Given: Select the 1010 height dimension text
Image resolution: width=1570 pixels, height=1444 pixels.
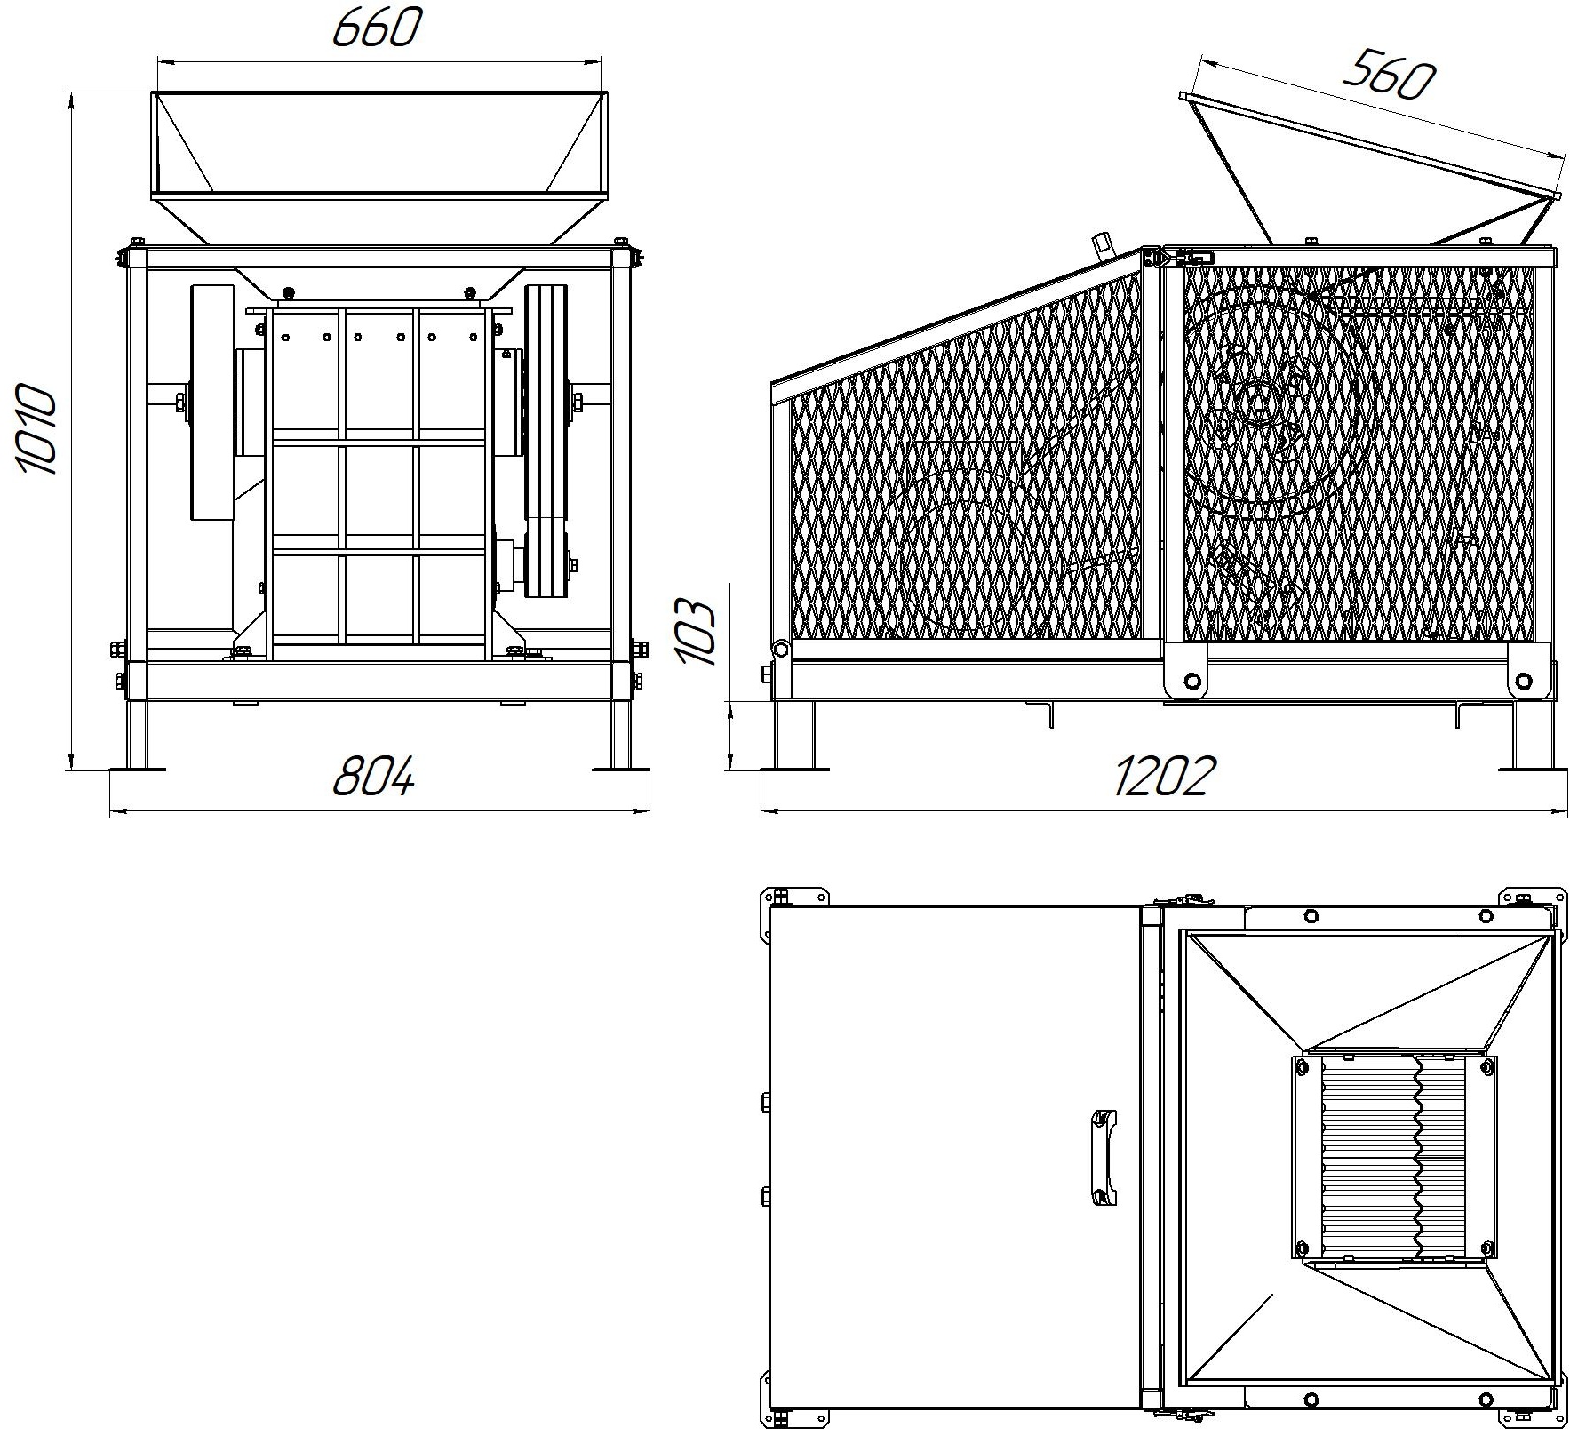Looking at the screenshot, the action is (36, 429).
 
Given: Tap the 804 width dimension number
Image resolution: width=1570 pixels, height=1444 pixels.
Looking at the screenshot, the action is (373, 777).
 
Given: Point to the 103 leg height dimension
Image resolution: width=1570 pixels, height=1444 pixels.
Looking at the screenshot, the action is (696, 633).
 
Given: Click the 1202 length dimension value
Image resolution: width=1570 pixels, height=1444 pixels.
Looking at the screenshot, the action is (1162, 777).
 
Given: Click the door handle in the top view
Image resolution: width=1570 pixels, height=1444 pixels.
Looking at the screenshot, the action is (1101, 1156).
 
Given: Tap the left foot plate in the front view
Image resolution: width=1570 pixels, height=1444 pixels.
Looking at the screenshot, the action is (137, 770).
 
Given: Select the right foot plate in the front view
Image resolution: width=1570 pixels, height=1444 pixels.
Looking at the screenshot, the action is (621, 770).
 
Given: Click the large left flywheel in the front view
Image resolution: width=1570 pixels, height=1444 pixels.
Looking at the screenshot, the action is (211, 403).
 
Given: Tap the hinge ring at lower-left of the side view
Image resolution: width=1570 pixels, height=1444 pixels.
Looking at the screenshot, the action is (780, 650).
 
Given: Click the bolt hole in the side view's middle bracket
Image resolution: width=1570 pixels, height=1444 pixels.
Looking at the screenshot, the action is (1192, 682).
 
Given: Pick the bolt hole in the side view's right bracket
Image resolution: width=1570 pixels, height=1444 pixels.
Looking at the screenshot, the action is (1525, 682).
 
